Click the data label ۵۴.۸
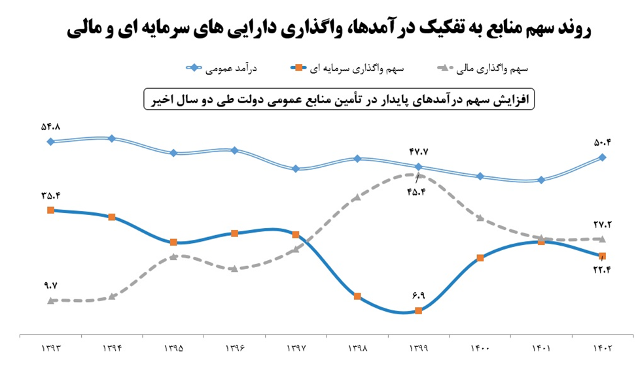(51, 127)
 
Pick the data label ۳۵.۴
(50, 195)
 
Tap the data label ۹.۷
(51, 285)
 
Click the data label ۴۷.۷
(418, 152)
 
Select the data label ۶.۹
(419, 295)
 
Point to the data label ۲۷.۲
(603, 225)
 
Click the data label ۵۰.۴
(603, 141)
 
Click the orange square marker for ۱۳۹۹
(419, 310)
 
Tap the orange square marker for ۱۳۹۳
(50, 210)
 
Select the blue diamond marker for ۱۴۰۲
(603, 157)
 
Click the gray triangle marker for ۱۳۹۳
(50, 300)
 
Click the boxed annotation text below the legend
(339, 99)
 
